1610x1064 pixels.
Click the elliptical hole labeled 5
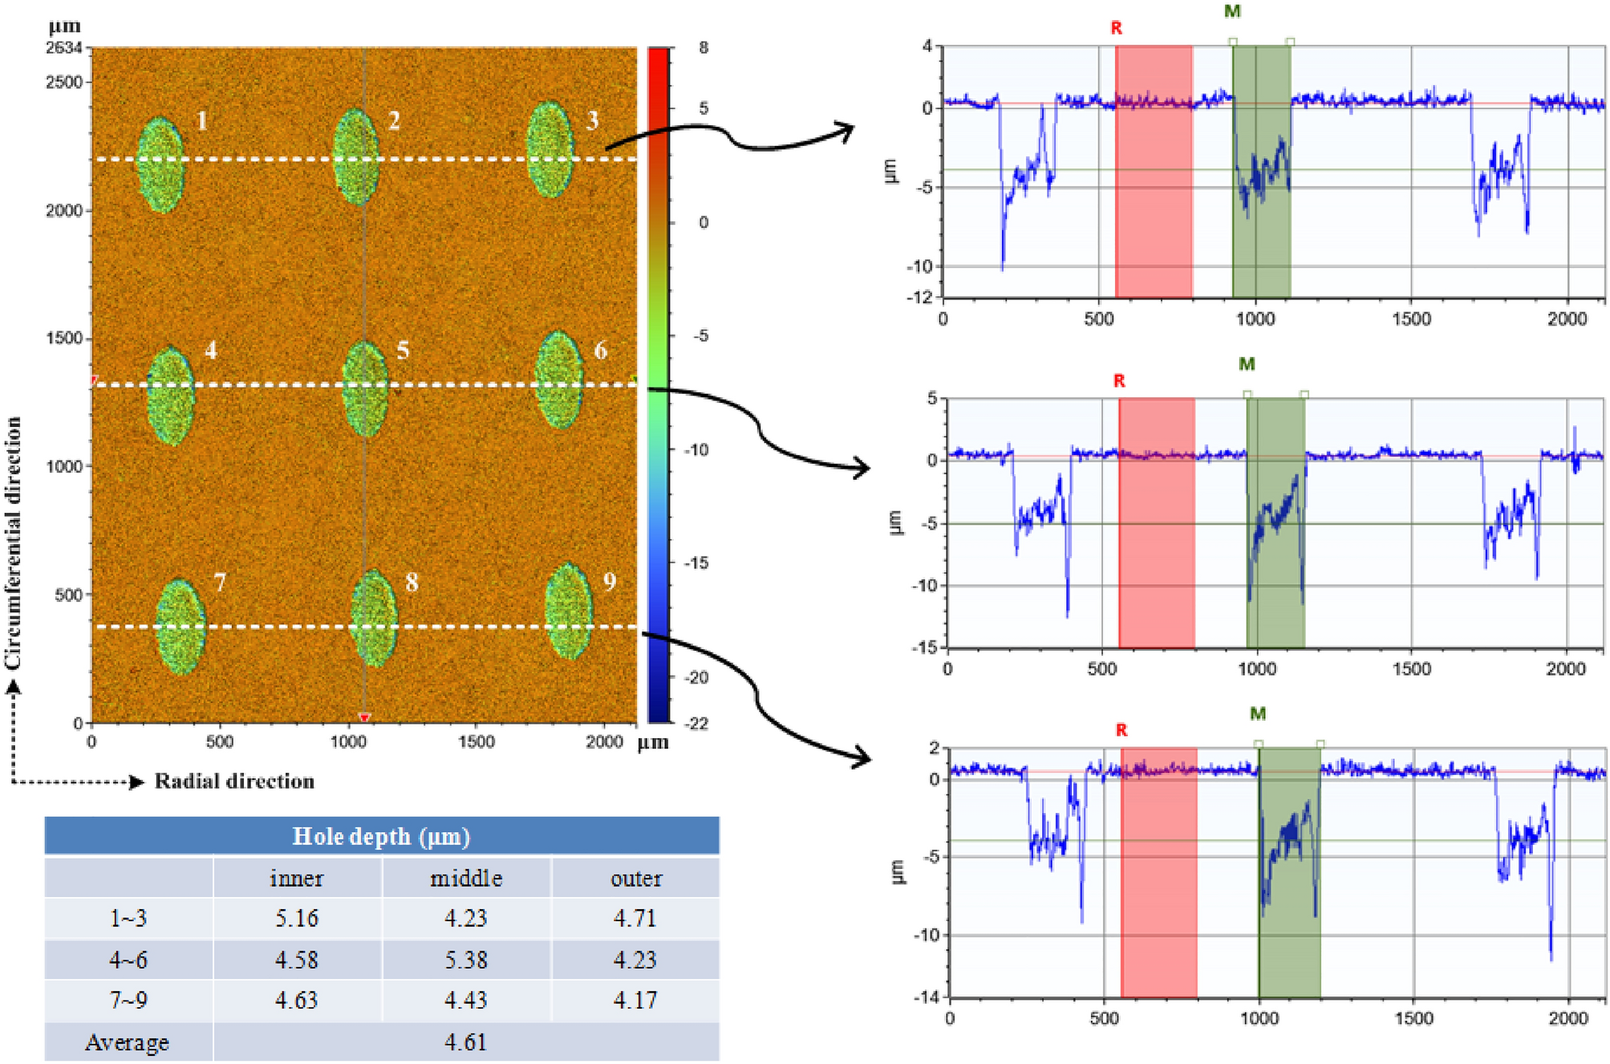click(365, 389)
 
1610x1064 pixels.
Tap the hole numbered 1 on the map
click(160, 164)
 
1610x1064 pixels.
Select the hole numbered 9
click(569, 611)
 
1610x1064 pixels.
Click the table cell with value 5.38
click(466, 960)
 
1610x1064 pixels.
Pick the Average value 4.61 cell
click(466, 1042)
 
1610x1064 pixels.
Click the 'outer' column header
click(636, 879)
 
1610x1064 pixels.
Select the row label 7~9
click(128, 1001)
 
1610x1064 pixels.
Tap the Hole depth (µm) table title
click(381, 836)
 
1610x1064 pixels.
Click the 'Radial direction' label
click(234, 782)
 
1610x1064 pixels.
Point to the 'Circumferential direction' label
click(13, 543)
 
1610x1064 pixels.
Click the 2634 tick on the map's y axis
click(64, 48)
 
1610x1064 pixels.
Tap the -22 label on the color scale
click(698, 724)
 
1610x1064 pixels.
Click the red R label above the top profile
click(1116, 28)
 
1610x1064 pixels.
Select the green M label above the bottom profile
click(1257, 714)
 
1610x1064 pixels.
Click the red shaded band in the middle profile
click(1156, 522)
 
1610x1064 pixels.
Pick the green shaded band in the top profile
click(1261, 171)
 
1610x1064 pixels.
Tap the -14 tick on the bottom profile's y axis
click(926, 997)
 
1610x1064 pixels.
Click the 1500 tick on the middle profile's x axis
click(1411, 669)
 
